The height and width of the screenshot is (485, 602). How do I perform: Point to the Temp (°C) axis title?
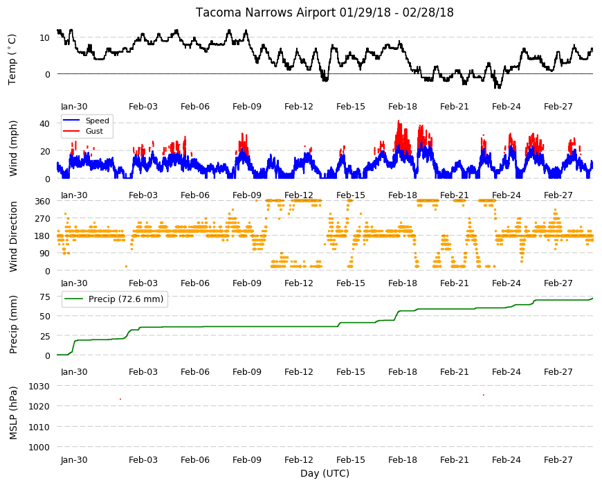12,60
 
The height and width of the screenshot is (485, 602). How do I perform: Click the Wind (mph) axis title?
13,148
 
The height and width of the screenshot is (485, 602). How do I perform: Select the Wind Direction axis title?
13,237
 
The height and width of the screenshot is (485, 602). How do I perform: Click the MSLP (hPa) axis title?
13,413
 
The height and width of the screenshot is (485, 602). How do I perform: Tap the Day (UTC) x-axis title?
325,473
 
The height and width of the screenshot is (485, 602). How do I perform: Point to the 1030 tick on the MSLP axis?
39,386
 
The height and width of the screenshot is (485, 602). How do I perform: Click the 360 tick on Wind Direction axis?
43,202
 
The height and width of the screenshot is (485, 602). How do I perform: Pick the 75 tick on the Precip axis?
45,297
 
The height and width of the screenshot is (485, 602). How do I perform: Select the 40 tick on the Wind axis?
45,124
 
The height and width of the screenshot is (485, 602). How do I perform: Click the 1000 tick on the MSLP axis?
39,447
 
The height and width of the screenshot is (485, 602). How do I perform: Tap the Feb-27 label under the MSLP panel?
558,459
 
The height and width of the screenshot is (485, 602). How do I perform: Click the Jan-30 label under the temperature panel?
74,107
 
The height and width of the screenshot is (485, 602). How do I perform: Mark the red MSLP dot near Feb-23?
484,395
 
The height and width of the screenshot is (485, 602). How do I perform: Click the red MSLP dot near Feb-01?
120,399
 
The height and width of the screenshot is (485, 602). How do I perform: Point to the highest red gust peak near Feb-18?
399,121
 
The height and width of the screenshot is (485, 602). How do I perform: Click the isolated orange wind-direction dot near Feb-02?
127,266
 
